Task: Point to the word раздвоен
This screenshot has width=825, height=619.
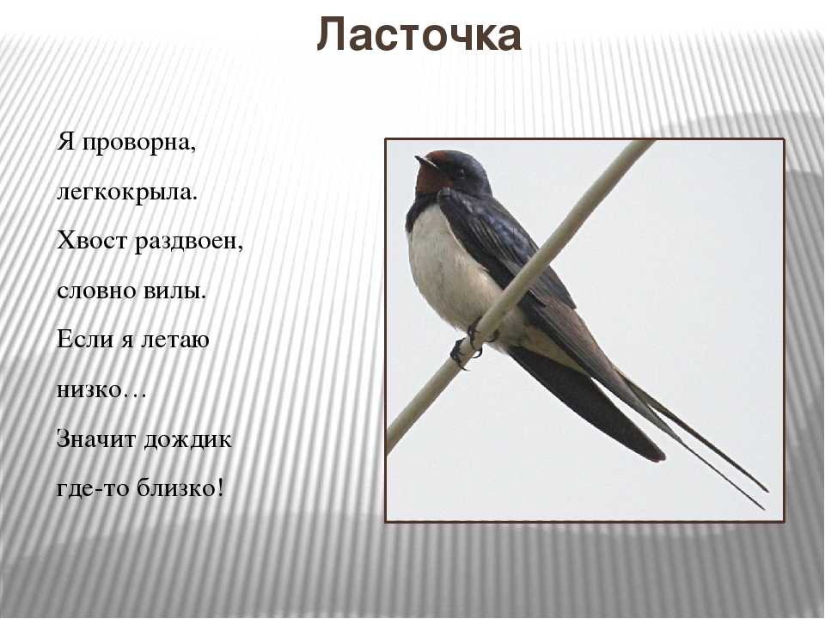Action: pyautogui.click(x=188, y=242)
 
